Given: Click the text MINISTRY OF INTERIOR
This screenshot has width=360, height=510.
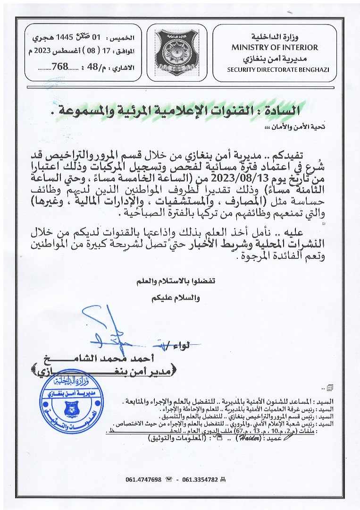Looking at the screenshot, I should tap(275, 47).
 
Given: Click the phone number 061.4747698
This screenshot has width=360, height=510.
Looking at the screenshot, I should tap(143, 479).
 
